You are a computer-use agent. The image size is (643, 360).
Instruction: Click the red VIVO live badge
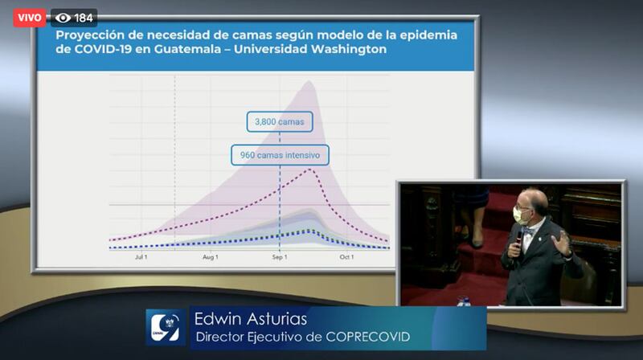[30, 18]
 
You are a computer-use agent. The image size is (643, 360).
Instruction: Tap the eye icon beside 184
[63, 18]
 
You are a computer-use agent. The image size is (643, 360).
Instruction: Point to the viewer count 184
[84, 18]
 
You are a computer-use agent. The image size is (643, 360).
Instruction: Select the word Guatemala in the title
[187, 49]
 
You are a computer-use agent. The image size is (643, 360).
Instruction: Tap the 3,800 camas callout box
[280, 122]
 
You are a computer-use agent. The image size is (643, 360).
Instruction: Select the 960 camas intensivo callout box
[280, 155]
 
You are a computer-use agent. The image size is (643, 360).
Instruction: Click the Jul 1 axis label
[141, 257]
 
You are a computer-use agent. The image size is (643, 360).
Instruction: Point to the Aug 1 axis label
[211, 257]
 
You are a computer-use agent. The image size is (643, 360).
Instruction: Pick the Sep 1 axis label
[280, 257]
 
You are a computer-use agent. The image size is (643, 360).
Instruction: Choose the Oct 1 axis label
[346, 257]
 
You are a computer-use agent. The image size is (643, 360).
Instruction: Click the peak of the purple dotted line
[310, 169]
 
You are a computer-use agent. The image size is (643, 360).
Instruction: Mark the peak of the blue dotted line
[309, 231]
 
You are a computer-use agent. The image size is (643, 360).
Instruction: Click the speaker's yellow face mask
[520, 215]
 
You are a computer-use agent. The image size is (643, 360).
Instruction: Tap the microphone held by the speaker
[518, 241]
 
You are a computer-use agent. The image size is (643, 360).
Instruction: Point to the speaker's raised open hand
[560, 243]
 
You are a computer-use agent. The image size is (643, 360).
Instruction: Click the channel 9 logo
[166, 327]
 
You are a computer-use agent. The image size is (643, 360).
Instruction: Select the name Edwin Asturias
[251, 319]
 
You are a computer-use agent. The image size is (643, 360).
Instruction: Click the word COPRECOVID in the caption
[368, 337]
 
